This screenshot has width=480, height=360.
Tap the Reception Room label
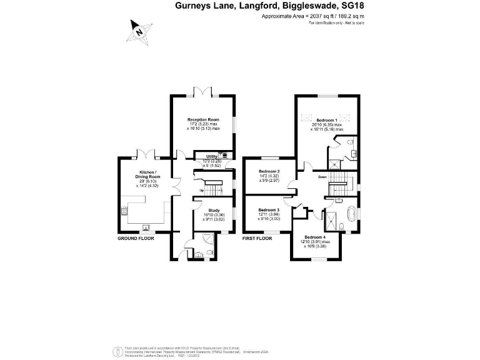(204, 119)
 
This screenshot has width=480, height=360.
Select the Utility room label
(204, 156)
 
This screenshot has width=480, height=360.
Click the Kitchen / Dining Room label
(147, 174)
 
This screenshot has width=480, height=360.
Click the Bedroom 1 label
(327, 120)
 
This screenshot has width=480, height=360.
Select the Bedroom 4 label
(316, 237)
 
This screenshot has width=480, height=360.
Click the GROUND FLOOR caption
(136, 239)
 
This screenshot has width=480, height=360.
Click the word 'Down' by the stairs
(322, 177)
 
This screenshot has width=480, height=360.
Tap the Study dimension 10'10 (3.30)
(214, 214)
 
